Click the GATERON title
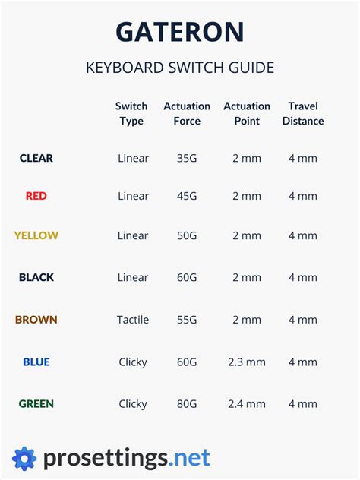(x=180, y=32)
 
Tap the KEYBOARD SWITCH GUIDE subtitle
(x=180, y=68)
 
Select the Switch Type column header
(x=131, y=113)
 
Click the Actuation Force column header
(x=187, y=113)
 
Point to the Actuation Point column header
(x=247, y=113)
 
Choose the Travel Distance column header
(x=303, y=113)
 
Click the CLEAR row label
(x=36, y=158)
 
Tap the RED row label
(x=36, y=196)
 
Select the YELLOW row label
(x=36, y=235)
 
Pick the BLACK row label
(x=36, y=277)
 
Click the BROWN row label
(x=36, y=320)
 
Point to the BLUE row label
(x=36, y=362)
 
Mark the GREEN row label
(x=36, y=403)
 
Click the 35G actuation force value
(x=187, y=158)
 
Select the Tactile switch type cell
(x=134, y=320)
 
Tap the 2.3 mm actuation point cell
(x=247, y=362)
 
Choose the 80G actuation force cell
(x=187, y=403)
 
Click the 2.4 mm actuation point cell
(x=247, y=403)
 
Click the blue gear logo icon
(x=24, y=458)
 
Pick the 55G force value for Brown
(x=187, y=320)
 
